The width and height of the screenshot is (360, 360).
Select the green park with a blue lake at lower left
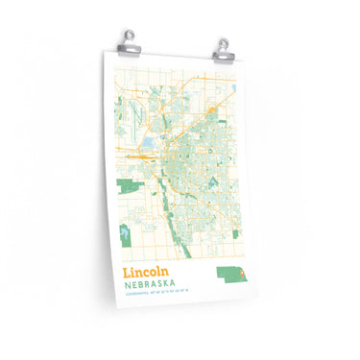(126, 231)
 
